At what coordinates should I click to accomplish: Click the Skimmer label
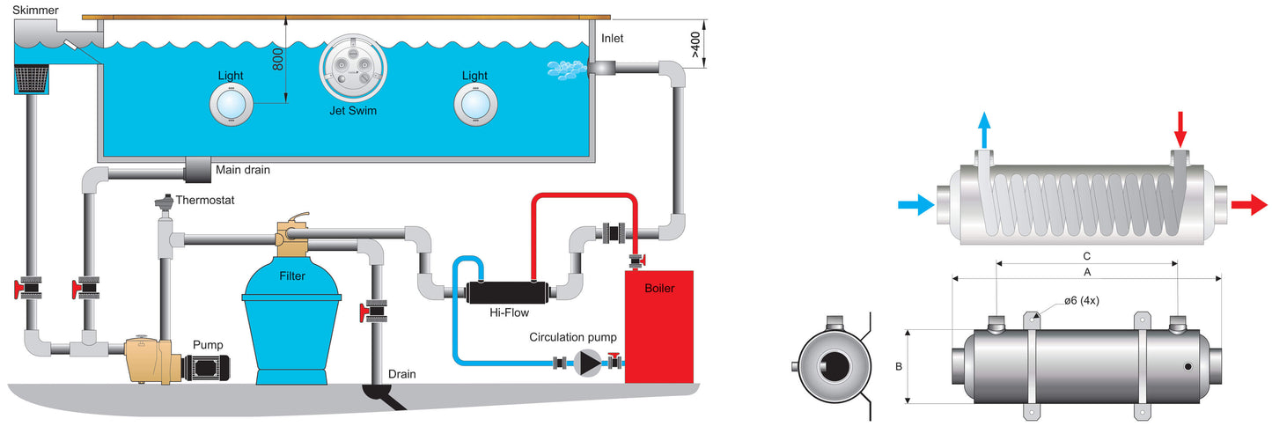point(35,11)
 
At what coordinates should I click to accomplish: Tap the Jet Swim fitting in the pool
point(353,67)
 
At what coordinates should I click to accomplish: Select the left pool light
point(232,105)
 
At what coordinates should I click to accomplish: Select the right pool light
point(475,105)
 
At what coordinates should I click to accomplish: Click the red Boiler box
point(658,327)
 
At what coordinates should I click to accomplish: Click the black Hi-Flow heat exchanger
point(508,292)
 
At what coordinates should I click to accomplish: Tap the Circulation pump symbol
point(587,363)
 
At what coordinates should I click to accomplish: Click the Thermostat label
point(204,200)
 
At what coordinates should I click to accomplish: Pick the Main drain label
point(242,170)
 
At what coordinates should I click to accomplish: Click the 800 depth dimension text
point(277,59)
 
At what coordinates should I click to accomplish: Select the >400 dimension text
point(695,44)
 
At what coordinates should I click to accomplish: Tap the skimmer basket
point(30,78)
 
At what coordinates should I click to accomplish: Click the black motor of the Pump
point(206,367)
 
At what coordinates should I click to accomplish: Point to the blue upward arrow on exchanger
point(985,129)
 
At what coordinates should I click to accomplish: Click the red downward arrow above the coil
point(1180,129)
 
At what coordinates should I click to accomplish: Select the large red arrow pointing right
point(1249,204)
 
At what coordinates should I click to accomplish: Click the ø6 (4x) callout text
point(1082,300)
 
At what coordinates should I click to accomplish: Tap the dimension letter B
point(899,367)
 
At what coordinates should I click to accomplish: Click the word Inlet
point(612,38)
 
